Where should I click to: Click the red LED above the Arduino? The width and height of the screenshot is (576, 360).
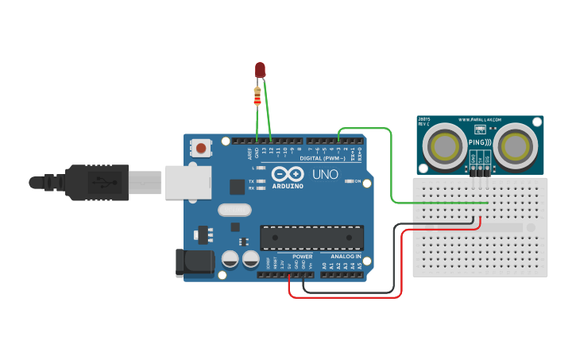coord(260,71)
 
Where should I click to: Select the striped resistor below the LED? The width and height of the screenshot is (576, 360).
coord(257,97)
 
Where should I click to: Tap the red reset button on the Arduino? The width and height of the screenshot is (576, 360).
coord(202,148)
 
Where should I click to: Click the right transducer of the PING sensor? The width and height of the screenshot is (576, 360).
coord(516,146)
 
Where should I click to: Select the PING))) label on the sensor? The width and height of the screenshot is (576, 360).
coord(480,143)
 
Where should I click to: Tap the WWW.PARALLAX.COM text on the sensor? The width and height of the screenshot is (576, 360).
coord(480,121)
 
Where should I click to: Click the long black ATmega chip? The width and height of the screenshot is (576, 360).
coord(312,237)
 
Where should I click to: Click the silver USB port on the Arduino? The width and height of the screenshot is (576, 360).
coord(189,181)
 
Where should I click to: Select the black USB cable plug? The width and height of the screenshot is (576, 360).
coord(95,181)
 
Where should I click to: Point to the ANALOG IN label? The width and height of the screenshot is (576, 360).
coord(346,257)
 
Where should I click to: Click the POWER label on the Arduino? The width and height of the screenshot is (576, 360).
coord(302,257)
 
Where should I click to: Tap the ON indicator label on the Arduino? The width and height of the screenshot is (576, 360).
coord(358,181)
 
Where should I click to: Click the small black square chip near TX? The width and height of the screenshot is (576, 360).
coord(237,187)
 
